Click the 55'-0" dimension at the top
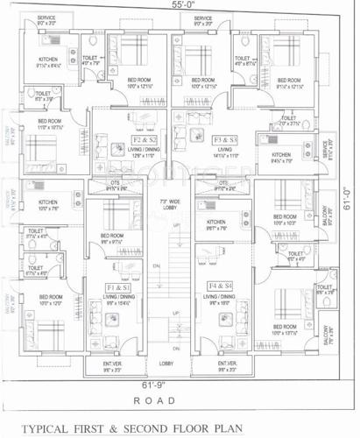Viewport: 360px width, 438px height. tap(180, 5)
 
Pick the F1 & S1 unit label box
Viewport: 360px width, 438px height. tap(119, 287)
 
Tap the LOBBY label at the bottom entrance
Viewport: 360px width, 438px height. tap(166, 363)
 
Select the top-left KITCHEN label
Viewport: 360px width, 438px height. tap(49, 59)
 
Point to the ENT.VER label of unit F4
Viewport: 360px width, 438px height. tap(226, 363)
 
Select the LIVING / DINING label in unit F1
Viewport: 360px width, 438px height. tap(116, 298)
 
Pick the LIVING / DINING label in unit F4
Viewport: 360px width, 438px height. tap(221, 298)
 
